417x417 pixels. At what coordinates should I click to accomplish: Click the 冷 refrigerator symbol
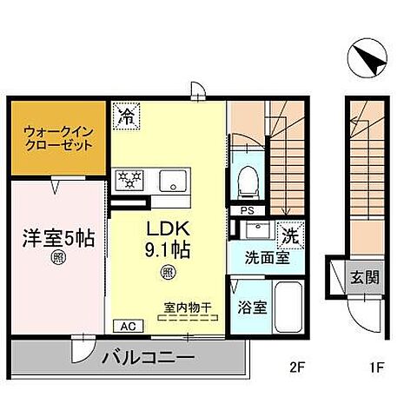click(125, 114)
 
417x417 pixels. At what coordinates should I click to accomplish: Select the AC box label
click(127, 328)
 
